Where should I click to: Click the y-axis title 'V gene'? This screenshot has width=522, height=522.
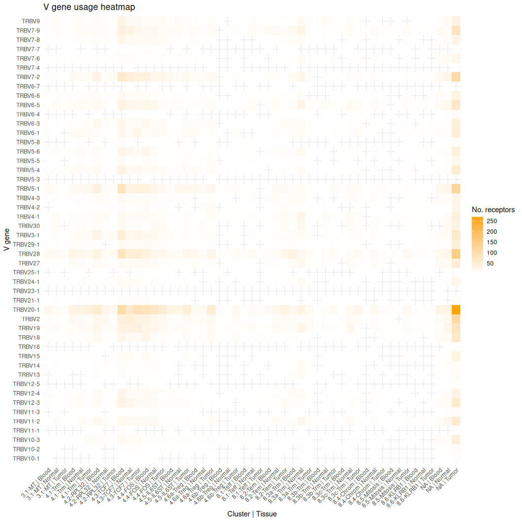point(6,240)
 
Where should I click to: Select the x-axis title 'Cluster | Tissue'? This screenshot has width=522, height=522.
point(252,514)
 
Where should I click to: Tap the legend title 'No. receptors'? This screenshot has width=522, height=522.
point(493,210)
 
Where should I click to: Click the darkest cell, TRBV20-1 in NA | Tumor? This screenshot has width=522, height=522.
point(456,309)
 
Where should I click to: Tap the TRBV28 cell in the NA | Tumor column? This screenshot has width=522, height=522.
point(456,254)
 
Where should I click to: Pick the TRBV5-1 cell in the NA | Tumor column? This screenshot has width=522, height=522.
point(456,188)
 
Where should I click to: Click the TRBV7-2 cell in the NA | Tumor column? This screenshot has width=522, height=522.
point(456,77)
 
